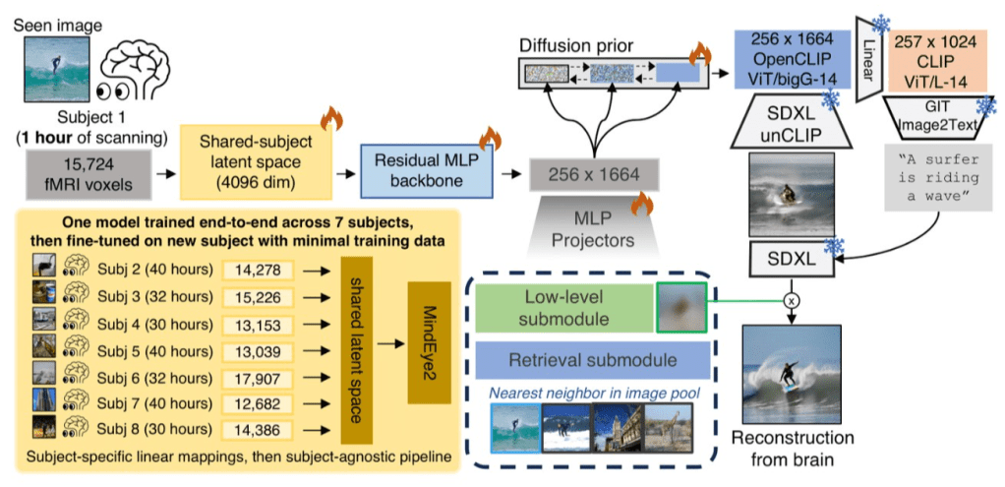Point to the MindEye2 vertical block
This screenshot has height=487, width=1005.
tap(427, 342)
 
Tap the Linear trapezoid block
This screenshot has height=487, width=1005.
tap(869, 59)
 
